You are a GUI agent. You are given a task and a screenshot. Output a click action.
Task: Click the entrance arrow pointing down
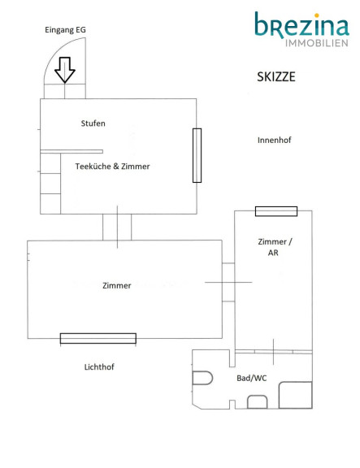point(65,70)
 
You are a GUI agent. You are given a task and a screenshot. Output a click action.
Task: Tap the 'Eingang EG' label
point(65,30)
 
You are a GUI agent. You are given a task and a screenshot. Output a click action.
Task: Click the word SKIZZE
point(276,77)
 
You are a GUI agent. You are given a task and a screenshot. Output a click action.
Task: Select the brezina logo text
point(301,25)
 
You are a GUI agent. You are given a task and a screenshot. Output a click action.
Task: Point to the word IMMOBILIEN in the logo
point(317,43)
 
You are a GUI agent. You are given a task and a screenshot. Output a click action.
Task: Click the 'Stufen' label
point(93,123)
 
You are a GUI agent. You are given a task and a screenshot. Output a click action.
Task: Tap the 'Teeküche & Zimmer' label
point(112,167)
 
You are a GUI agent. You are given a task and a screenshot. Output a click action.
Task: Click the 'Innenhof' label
point(275,140)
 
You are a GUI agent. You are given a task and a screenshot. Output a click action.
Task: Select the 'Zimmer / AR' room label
point(275,247)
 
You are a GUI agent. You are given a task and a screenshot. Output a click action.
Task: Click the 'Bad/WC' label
point(252,378)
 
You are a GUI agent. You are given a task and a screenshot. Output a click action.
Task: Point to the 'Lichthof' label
point(99,366)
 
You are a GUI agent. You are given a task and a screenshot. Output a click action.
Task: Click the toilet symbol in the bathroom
point(202,378)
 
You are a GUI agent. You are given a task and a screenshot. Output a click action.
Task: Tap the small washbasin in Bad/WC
point(258,401)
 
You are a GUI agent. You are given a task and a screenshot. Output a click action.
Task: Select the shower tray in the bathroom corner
point(296,395)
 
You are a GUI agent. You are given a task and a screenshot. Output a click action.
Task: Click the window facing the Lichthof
point(98,339)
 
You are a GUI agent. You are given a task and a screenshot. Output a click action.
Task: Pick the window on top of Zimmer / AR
point(276,211)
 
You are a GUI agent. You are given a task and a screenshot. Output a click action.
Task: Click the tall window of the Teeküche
point(197,155)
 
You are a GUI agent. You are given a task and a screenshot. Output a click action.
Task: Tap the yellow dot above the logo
point(317,15)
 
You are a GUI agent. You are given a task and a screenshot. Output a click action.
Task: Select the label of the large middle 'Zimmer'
point(117,286)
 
